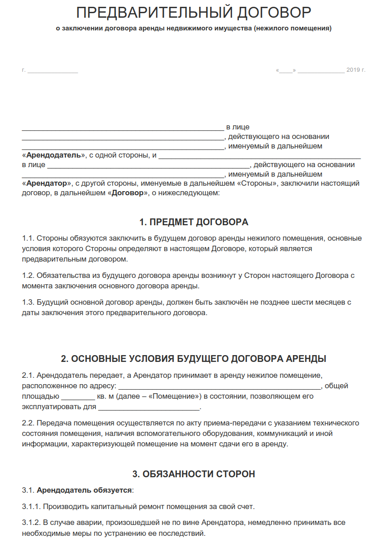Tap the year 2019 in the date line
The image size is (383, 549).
click(353, 70)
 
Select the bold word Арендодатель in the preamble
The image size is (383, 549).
click(53, 155)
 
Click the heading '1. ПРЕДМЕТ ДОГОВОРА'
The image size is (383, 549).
click(194, 222)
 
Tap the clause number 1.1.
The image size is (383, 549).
click(28, 238)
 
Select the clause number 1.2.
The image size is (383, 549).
click(28, 275)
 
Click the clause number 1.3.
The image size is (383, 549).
click(28, 302)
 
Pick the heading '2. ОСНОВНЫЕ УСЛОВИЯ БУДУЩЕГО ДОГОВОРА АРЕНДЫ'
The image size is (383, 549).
click(194, 358)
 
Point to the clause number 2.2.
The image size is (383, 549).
click(28, 423)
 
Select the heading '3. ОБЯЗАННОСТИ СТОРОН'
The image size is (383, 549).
click(194, 474)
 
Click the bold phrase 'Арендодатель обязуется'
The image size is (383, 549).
click(85, 490)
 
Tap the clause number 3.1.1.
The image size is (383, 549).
click(31, 506)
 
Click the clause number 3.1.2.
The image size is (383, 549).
click(31, 523)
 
